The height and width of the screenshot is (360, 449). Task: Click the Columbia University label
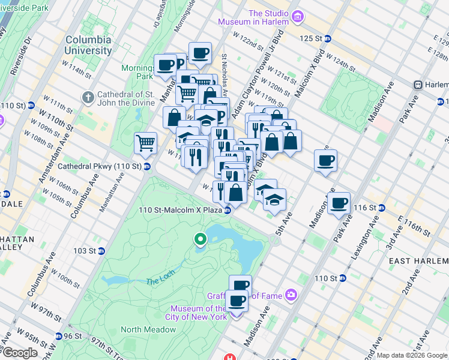click(88, 45)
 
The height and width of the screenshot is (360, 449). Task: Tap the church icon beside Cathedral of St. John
click(88, 97)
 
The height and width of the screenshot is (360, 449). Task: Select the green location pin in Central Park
click(200, 240)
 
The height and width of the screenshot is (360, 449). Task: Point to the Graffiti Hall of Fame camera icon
click(291, 294)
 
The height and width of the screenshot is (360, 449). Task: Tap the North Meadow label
click(148, 329)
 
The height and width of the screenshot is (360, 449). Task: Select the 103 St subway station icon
click(101, 251)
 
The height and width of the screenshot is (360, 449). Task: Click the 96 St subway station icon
click(58, 336)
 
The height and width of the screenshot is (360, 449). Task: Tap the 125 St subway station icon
click(328, 38)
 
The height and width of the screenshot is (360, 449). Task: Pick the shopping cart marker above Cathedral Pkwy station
click(145, 144)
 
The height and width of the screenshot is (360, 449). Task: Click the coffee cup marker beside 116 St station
click(340, 203)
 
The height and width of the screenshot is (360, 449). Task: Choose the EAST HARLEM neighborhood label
click(418, 261)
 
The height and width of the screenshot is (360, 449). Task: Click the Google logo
click(19, 353)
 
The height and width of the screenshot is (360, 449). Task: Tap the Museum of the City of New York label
click(196, 312)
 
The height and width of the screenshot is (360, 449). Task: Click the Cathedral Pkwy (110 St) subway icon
click(146, 166)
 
